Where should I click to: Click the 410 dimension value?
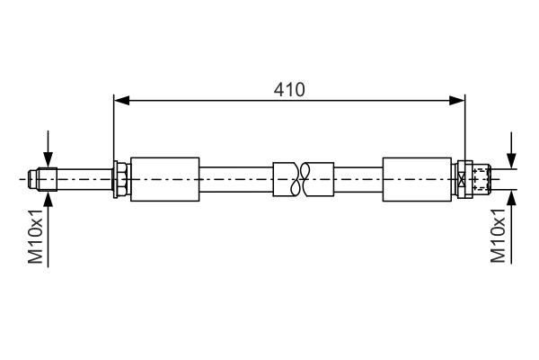pyautogui.click(x=290, y=89)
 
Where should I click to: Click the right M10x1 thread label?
pyautogui.click(x=499, y=236)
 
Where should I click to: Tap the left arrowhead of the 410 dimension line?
pyautogui.click(x=120, y=100)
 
